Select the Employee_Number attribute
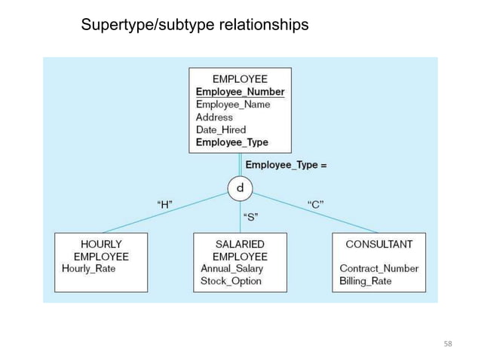[240, 92]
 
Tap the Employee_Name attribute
[233, 105]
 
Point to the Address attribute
[214, 117]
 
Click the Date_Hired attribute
[221, 130]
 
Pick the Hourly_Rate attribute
[89, 268]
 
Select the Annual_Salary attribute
[231, 268]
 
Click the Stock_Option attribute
[231, 281]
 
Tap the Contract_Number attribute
[378, 268]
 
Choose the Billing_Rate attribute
[366, 281]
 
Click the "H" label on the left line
[164, 203]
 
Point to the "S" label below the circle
[252, 218]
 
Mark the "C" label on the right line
[317, 203]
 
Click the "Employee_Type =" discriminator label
[286, 163]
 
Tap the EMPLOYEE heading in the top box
[240, 78]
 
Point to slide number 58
[448, 344]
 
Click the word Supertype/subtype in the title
[148, 26]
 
